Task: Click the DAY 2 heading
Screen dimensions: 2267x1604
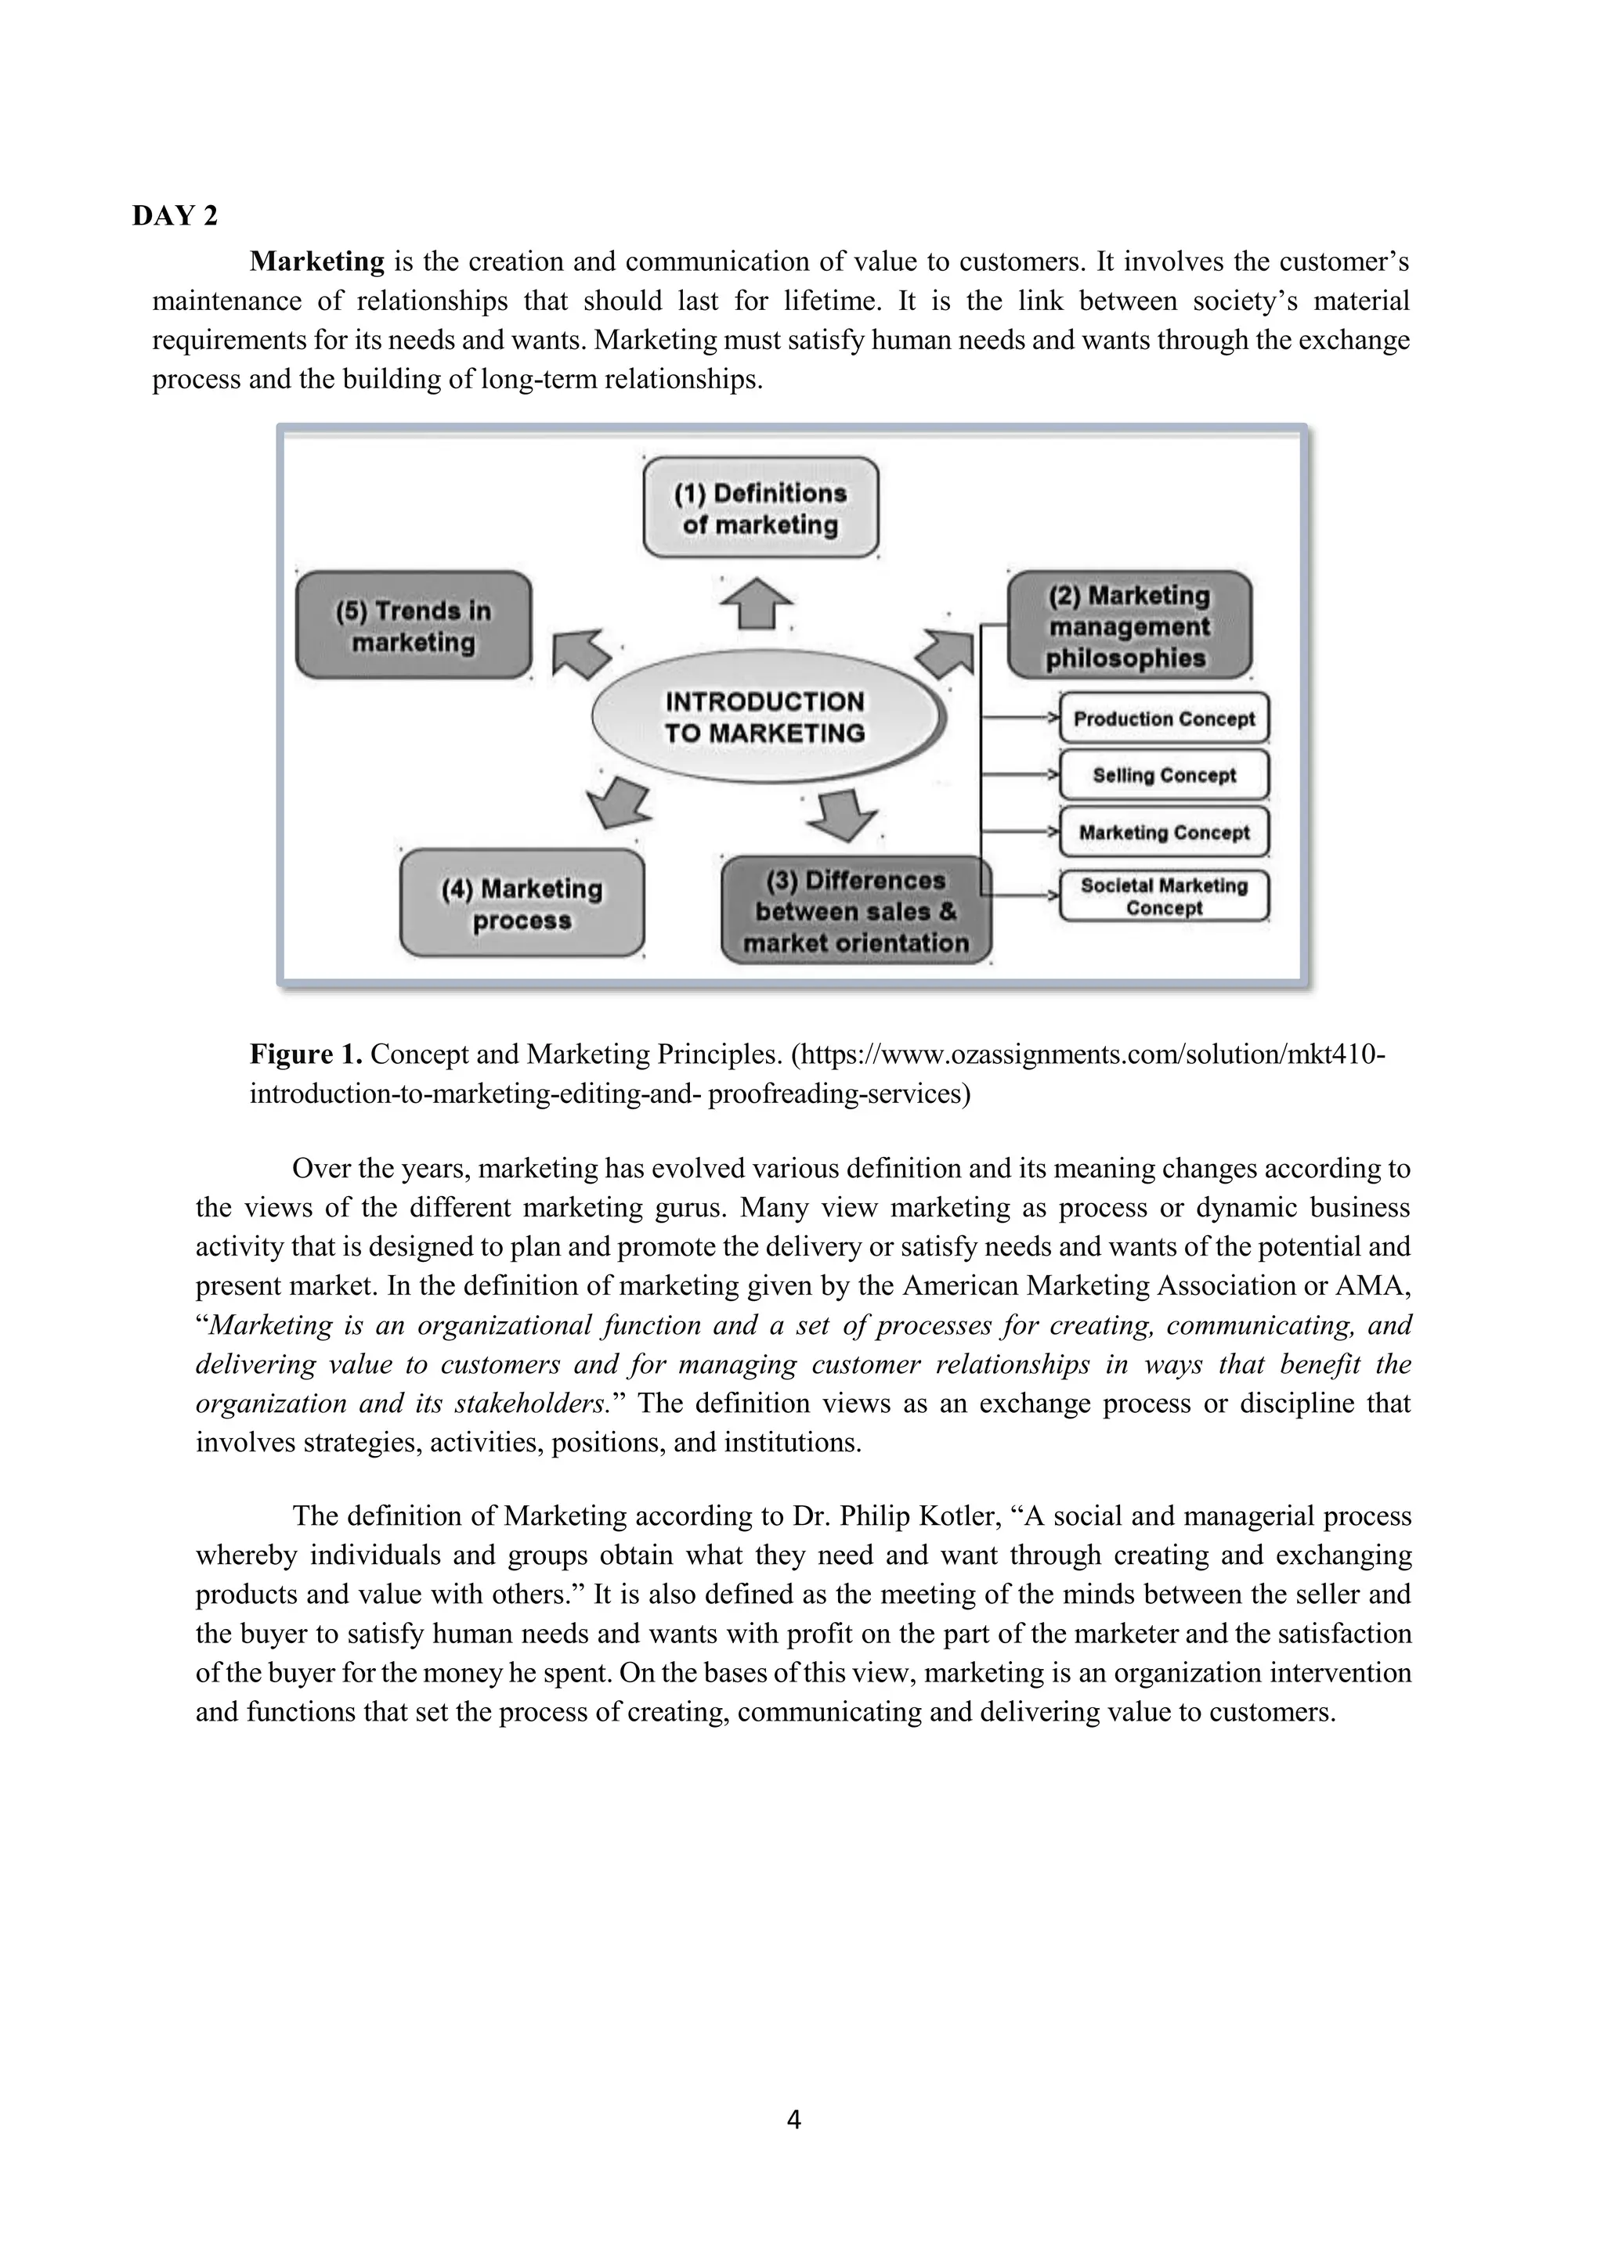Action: point(175,216)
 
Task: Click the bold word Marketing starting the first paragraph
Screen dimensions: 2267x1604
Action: point(316,261)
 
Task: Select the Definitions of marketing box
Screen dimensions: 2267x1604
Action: point(760,509)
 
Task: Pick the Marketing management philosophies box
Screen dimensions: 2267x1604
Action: point(1128,626)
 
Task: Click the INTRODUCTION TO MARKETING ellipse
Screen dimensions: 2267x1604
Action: point(764,718)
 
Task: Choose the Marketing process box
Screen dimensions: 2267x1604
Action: point(522,903)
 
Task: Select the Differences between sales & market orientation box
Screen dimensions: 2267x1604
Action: point(855,910)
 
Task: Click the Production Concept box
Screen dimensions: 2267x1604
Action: point(1164,719)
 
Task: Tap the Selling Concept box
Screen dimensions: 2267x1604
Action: point(1164,775)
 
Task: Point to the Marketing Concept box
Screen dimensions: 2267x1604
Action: point(1164,832)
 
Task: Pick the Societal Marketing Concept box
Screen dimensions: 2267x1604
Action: point(1164,896)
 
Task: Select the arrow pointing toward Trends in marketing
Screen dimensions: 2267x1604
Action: point(580,654)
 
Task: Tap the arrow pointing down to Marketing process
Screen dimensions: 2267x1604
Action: point(620,801)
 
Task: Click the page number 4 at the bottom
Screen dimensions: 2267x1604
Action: point(794,2120)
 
